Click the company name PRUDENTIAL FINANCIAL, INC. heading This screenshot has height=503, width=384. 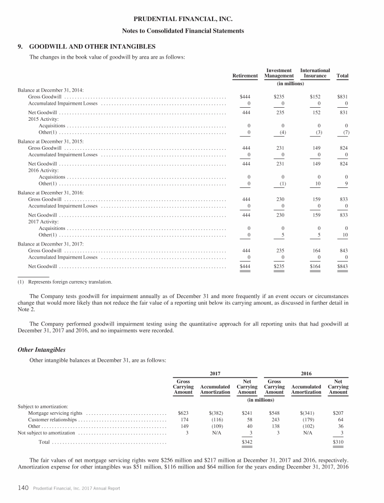[191, 20]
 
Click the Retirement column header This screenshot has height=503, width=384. [245, 76]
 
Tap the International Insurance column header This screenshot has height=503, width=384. [315, 73]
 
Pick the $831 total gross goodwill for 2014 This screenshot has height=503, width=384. [342, 96]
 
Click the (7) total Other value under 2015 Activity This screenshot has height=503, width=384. [343, 132]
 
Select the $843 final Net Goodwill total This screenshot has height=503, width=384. [342, 266]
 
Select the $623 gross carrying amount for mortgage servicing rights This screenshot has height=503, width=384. [183, 413]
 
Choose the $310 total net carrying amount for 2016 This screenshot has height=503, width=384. [338, 443]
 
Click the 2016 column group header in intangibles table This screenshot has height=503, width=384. [305, 373]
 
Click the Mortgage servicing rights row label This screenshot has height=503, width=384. [55, 413]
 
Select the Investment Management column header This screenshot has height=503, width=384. [279, 73]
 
